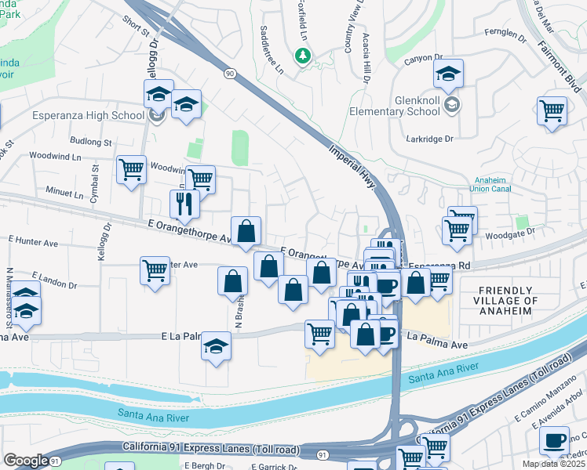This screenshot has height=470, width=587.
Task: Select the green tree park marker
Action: (x=302, y=56)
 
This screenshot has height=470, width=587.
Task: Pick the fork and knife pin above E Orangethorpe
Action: (x=184, y=204)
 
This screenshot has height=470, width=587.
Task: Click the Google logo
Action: (x=26, y=460)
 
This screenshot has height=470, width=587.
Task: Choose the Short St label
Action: (x=135, y=27)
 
